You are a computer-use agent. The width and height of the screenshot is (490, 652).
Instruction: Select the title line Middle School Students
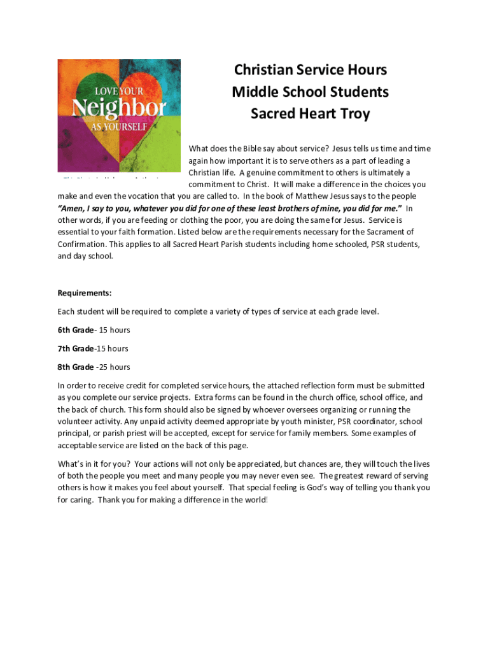pos(310,92)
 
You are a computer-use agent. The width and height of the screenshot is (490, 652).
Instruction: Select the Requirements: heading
pos(85,293)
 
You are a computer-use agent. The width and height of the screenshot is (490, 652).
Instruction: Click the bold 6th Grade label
pos(76,330)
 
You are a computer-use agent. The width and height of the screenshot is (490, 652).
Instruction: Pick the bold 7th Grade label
pos(76,348)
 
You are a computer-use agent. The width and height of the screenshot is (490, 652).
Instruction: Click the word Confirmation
pos(81,244)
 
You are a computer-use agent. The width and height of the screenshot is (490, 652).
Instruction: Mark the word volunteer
pos(75,422)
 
